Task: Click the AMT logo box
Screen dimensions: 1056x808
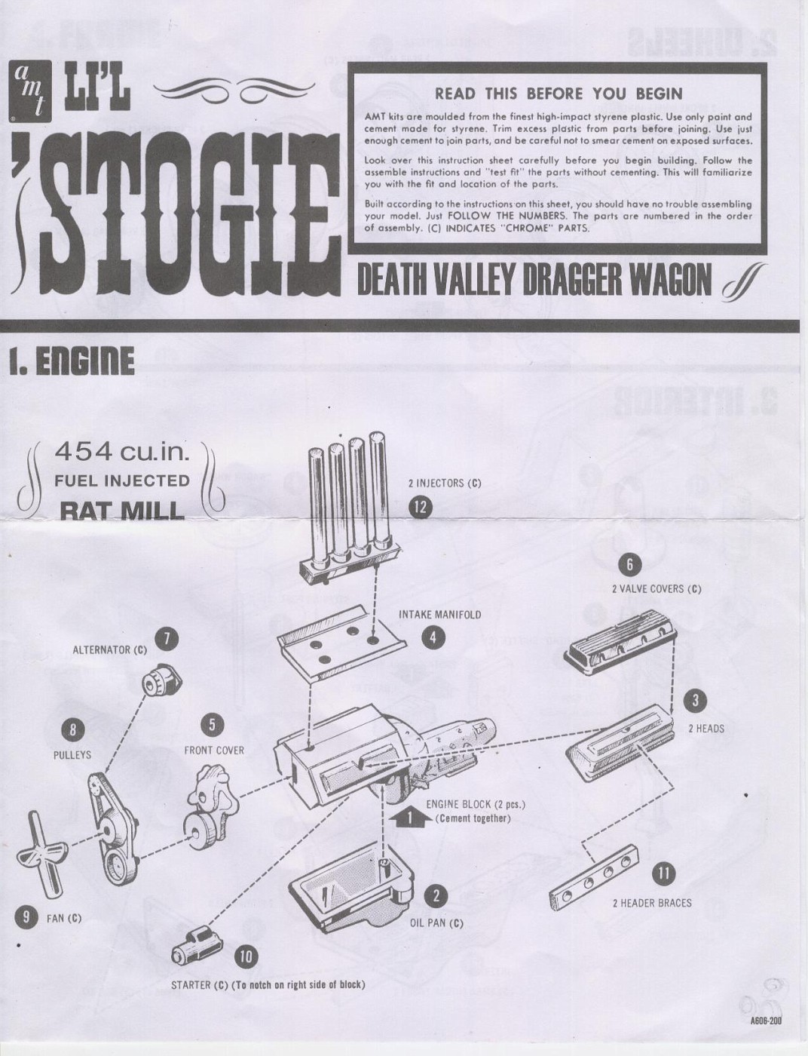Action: coord(30,91)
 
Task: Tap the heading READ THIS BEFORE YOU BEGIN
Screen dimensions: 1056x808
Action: coord(559,94)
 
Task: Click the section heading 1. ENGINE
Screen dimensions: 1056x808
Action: coord(72,361)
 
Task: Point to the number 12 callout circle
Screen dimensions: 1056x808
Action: coord(420,508)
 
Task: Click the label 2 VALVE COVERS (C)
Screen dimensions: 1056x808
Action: coord(656,589)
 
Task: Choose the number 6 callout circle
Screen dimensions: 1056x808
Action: coord(629,564)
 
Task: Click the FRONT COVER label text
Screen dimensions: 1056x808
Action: coord(214,751)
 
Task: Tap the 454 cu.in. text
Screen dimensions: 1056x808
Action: coord(121,453)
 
